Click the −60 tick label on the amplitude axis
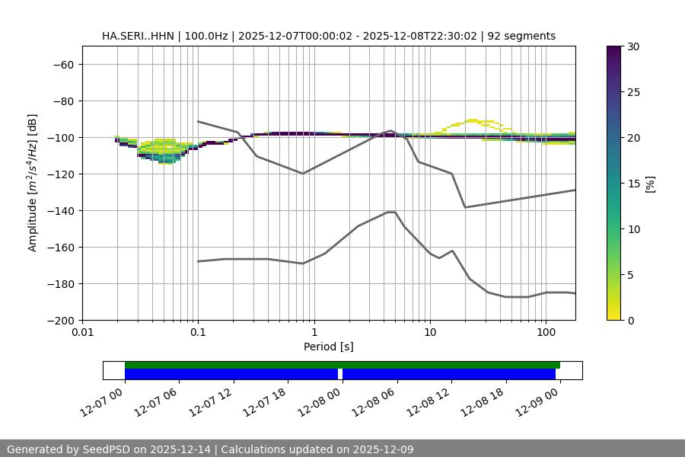point(62,65)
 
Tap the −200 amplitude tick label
point(59,321)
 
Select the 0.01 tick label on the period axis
point(82,333)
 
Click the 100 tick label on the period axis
point(546,333)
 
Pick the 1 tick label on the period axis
point(314,333)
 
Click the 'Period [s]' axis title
point(329,347)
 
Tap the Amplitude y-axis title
point(33,183)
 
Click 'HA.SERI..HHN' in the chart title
point(132,36)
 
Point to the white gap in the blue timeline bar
point(340,374)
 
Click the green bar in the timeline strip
point(342,365)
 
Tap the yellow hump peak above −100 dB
point(473,120)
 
